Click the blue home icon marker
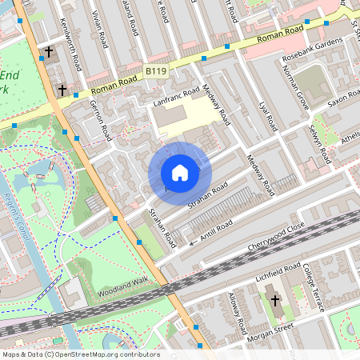pyautogui.click(x=180, y=173)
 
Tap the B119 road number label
pyautogui.click(x=156, y=72)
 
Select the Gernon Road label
pyautogui.click(x=98, y=116)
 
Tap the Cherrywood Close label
pyautogui.click(x=275, y=238)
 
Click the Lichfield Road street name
pyautogui.click(x=274, y=273)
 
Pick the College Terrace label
pyautogui.click(x=310, y=284)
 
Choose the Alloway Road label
pyautogui.click(x=238, y=314)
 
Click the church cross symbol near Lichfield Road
pyautogui.click(x=275, y=301)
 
